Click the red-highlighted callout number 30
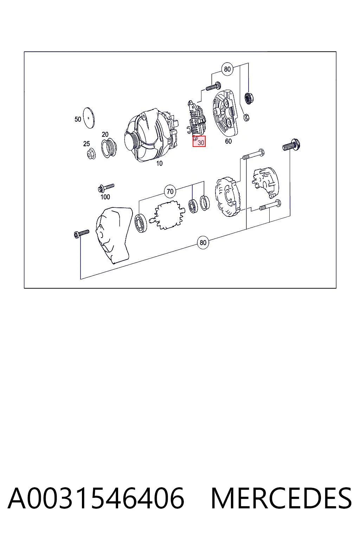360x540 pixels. [x=201, y=143]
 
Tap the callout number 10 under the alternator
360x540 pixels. [x=159, y=163]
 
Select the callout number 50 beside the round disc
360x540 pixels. [x=78, y=119]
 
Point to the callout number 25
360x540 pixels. [x=86, y=144]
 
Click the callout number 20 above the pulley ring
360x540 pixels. [x=105, y=134]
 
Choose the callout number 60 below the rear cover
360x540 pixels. [x=228, y=141]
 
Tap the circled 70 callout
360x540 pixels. [x=170, y=192]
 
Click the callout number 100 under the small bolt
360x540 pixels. [x=105, y=197]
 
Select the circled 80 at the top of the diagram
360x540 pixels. [x=227, y=69]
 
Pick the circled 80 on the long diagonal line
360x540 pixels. [x=203, y=243]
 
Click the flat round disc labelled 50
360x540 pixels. [x=89, y=118]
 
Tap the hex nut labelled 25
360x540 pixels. [x=91, y=154]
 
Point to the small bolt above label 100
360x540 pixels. [x=106, y=187]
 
